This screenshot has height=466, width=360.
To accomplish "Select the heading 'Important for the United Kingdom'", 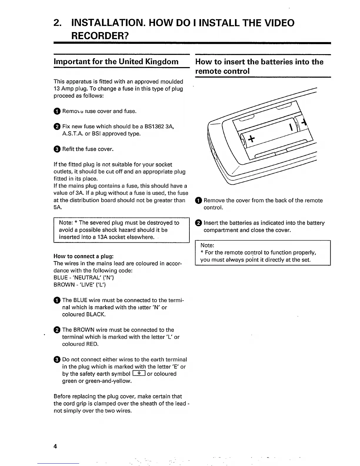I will (116, 61).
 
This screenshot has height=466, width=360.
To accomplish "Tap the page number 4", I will (55, 446).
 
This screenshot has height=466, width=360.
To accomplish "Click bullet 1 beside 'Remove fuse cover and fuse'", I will (57, 111).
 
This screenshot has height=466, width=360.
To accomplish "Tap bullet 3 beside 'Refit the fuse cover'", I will (57, 149).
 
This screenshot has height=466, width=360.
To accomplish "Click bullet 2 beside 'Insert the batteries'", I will (199, 223).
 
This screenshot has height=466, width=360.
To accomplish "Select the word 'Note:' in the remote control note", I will (207, 245).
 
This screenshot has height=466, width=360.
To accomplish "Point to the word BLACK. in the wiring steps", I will (96, 314).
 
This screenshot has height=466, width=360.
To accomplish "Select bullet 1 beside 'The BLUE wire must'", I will (57, 300).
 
